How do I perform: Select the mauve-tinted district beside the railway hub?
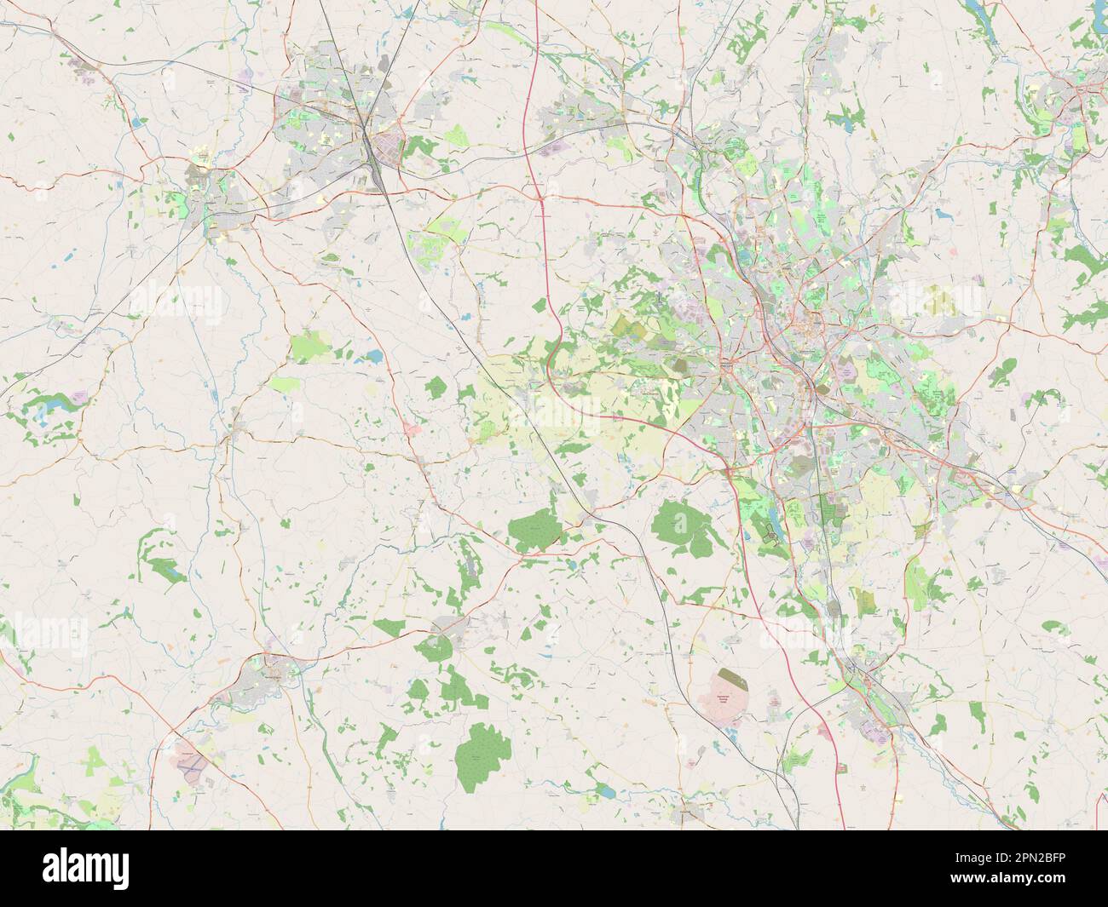pyautogui.click(x=394, y=141)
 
